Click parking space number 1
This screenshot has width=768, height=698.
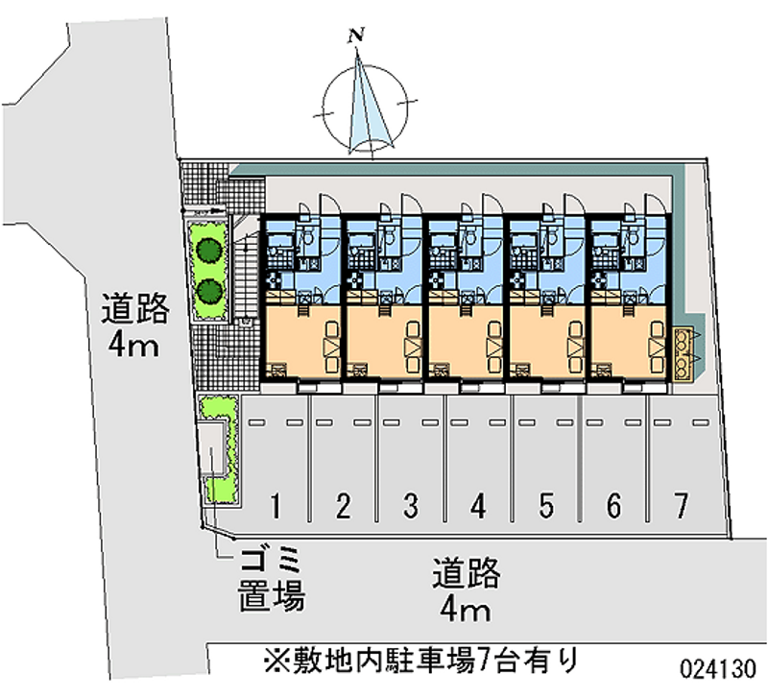pos(276,504)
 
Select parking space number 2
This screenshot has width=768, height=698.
pos(343,504)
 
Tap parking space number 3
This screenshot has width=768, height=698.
pos(410,504)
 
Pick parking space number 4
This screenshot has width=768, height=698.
pos(478,504)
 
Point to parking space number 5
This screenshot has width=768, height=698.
pos(546,504)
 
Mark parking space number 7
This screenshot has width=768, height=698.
pos(681,504)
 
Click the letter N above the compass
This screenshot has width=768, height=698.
pos(357,36)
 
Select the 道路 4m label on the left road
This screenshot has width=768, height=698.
pos(136,326)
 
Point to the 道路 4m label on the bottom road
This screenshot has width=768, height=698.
pos(466,589)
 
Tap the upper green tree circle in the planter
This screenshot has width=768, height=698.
pos(208,249)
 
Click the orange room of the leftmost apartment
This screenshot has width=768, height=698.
pos(300,341)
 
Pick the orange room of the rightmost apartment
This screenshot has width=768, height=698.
pos(629,341)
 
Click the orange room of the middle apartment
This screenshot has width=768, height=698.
pos(465,341)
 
